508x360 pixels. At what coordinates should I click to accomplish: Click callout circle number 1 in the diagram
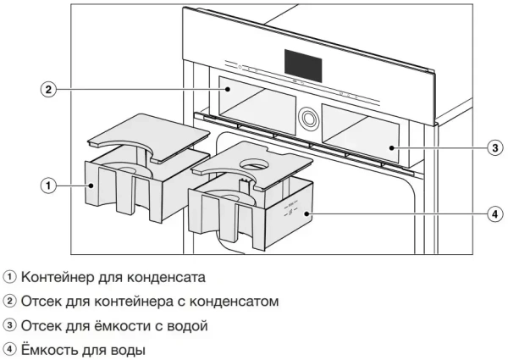[x=50, y=184]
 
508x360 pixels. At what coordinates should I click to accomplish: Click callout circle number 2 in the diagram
[x=50, y=88]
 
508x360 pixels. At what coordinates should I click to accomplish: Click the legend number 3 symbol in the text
[x=9, y=324]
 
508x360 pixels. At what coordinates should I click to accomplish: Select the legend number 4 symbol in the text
[x=9, y=348]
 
